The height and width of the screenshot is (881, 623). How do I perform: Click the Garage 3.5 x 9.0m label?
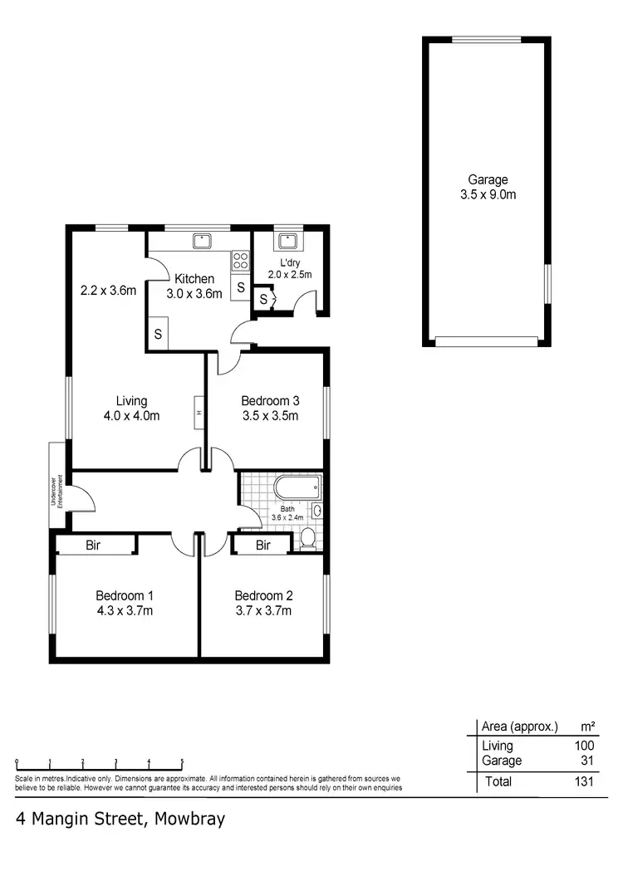coord(488,187)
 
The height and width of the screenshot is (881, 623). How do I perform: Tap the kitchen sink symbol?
coord(202,241)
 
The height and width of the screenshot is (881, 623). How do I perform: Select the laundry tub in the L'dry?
coord(287,241)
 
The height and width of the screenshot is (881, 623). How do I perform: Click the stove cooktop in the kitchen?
coord(241,261)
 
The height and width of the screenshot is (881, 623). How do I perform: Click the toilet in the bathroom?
coord(307,541)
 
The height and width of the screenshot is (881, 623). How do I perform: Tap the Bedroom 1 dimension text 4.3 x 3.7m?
coord(125,610)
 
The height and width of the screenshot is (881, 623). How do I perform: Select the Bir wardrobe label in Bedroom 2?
coord(263,546)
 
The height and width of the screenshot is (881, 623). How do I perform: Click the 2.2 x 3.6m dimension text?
coord(108,291)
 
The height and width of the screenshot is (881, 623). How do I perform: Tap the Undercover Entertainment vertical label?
coord(55,486)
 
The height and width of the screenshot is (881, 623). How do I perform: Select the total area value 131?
coord(583,781)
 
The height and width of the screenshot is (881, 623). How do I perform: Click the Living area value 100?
coord(584,746)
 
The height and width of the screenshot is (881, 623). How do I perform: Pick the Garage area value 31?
coord(586,761)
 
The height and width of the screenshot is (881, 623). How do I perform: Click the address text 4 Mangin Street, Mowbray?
coord(120,818)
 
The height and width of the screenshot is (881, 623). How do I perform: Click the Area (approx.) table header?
coord(520,727)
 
